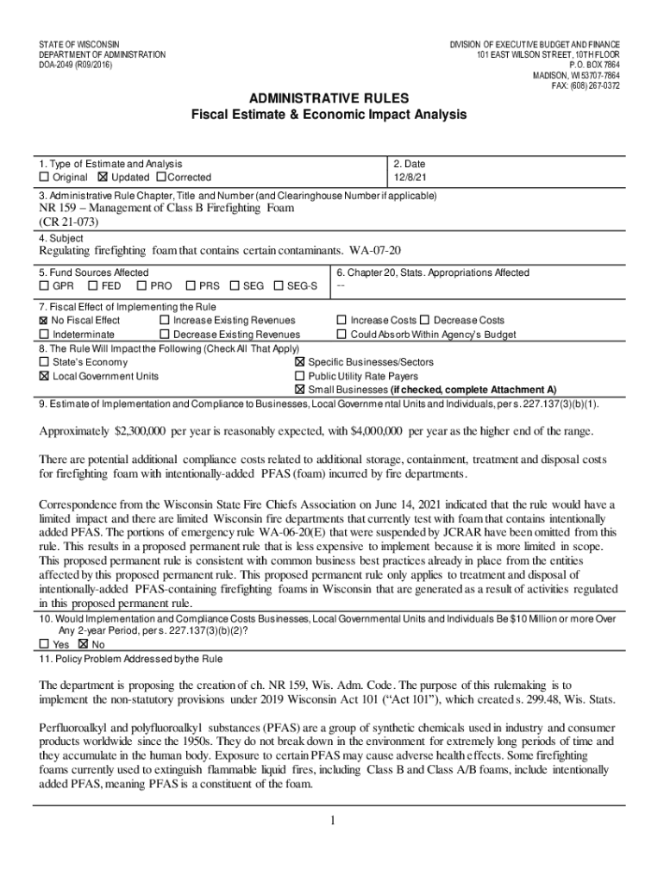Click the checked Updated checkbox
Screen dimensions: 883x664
tap(103, 178)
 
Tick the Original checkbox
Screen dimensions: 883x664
tap(44, 178)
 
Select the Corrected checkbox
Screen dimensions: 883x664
tap(160, 178)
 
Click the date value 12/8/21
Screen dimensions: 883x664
tap(410, 178)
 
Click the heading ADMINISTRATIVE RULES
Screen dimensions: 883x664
tap(329, 98)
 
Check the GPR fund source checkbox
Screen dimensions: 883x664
tap(44, 286)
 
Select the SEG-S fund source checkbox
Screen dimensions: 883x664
tap(278, 286)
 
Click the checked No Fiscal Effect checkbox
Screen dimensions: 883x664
tap(44, 321)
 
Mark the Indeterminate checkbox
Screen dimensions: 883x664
tap(44, 335)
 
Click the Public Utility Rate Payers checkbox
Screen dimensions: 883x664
tap(300, 377)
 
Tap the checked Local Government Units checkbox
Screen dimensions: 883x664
tap(44, 377)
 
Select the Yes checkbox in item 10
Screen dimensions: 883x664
tap(44, 643)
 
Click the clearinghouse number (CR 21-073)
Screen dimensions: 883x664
tap(69, 222)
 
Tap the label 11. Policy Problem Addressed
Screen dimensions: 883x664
tap(130, 660)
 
